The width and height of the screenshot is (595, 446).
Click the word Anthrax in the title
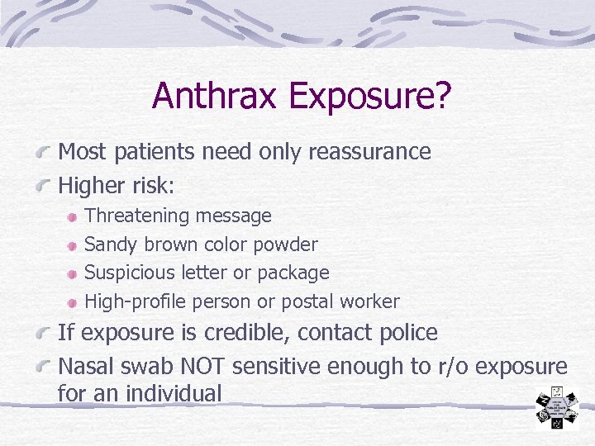(217, 96)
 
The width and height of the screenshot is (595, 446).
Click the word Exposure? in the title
(370, 97)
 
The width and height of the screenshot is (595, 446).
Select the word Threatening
(137, 216)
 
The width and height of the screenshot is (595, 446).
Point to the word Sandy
(112, 245)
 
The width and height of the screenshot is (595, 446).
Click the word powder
(285, 245)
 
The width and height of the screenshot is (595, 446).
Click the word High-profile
(134, 302)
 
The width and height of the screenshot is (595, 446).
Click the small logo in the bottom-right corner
(556, 406)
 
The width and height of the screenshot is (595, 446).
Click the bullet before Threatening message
(74, 217)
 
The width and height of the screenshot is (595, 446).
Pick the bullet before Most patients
(46, 153)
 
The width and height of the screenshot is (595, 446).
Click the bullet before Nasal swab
(46, 367)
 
